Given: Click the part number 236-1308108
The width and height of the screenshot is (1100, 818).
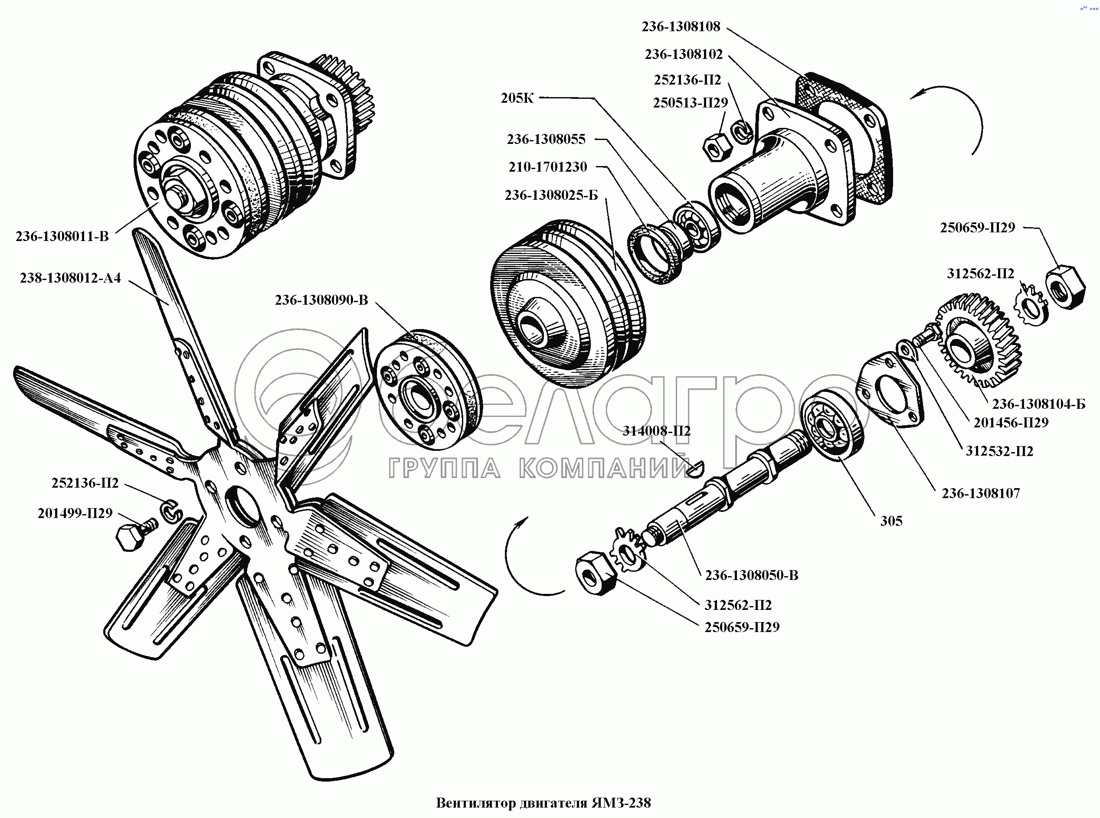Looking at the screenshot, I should coord(681,27).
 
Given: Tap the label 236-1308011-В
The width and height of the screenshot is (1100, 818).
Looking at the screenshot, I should coord(62,236).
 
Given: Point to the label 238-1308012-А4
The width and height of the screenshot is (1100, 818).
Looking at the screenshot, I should coord(70,278).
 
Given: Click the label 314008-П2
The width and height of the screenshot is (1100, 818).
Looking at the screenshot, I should coord(656,431).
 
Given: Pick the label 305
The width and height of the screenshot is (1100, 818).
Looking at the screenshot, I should coord(891,521).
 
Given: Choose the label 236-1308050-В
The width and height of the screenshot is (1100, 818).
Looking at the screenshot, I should coord(752,575).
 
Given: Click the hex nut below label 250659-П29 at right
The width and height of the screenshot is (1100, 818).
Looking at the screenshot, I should coord(1065,288).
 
